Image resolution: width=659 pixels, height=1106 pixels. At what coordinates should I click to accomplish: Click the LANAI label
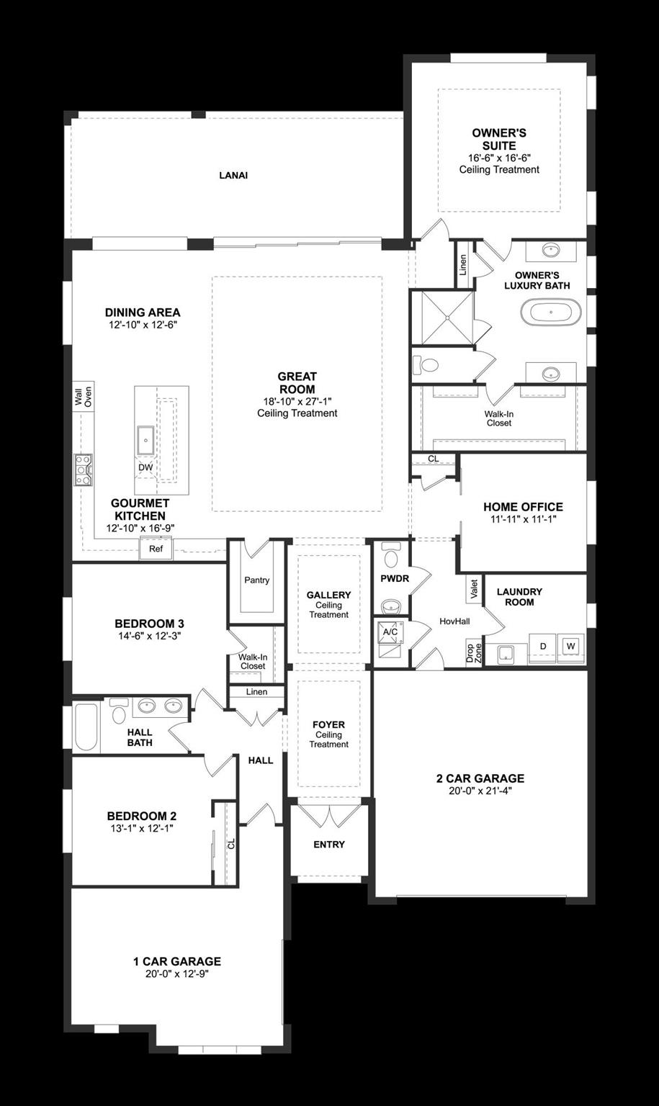click(x=233, y=175)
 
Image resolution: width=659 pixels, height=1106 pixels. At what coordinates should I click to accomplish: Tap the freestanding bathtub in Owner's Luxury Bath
click(x=550, y=313)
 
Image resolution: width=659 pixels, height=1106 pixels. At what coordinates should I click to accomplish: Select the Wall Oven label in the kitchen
click(x=83, y=397)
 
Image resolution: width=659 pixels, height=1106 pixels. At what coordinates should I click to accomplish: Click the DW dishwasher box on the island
click(x=145, y=467)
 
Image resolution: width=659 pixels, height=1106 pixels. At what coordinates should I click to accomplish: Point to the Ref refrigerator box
click(x=156, y=549)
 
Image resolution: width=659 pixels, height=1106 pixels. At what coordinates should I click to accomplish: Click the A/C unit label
click(x=390, y=631)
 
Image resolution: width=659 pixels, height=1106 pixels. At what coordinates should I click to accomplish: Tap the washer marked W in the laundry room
click(x=570, y=646)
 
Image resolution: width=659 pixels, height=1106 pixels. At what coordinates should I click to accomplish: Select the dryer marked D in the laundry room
click(x=542, y=646)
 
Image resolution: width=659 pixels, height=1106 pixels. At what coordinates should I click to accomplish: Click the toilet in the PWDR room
click(x=391, y=557)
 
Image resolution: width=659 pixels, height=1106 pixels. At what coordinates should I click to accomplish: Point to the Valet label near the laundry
click(x=474, y=590)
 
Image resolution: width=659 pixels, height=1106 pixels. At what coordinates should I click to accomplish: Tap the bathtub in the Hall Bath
click(x=86, y=727)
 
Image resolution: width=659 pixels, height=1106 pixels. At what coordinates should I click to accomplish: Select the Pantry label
click(x=256, y=580)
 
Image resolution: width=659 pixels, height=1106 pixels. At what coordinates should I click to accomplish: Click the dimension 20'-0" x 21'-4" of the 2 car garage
click(x=480, y=791)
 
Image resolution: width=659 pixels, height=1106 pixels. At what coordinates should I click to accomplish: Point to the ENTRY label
click(x=329, y=844)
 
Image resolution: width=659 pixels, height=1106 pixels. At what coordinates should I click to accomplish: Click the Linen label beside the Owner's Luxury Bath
click(x=462, y=264)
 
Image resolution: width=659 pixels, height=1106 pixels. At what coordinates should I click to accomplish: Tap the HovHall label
click(x=454, y=621)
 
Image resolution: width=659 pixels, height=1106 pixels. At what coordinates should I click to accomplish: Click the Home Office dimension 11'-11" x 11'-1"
click(x=523, y=518)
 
